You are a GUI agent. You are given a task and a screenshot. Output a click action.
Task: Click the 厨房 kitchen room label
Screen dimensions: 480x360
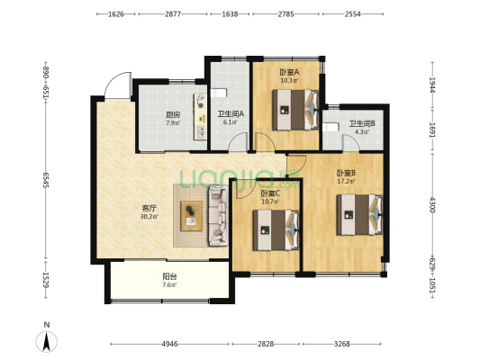point(173,115)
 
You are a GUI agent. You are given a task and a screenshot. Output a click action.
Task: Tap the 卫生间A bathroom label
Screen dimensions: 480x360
point(231,114)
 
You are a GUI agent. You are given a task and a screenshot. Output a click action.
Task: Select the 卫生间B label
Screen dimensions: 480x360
point(362,124)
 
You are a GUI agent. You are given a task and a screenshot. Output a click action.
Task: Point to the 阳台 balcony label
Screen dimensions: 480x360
point(169,277)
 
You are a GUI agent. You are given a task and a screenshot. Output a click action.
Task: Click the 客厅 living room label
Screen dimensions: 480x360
point(149,209)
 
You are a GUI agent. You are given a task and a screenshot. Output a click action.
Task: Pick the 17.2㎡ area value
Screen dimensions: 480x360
point(346,182)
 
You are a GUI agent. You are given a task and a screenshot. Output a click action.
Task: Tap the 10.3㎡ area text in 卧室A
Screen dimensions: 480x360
point(289,81)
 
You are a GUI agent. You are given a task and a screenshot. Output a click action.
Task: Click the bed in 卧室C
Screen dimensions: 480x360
point(276,230)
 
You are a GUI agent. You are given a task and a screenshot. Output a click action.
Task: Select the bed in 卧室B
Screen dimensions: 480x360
point(359,214)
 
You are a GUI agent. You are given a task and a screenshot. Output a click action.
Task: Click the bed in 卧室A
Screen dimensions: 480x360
point(295,110)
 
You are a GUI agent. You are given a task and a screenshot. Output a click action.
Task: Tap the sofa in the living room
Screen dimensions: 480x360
point(218,217)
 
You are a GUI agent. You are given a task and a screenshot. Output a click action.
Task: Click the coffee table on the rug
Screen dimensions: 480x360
point(191,216)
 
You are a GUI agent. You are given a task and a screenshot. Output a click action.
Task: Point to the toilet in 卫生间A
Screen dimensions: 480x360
point(219,93)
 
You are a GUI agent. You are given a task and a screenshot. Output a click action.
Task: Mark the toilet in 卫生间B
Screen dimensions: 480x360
point(330,127)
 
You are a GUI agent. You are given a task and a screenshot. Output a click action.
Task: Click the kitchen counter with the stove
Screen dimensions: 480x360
point(200,116)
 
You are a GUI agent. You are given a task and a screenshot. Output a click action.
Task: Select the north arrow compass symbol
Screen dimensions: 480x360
point(47,341)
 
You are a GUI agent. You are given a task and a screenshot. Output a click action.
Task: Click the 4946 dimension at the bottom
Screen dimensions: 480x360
point(169,344)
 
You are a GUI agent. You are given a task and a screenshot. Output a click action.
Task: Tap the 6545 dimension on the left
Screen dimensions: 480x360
point(46,180)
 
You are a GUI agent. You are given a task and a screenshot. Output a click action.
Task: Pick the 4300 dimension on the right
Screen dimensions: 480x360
point(432,205)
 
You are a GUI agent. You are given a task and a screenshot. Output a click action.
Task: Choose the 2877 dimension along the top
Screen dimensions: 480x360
point(173,14)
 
